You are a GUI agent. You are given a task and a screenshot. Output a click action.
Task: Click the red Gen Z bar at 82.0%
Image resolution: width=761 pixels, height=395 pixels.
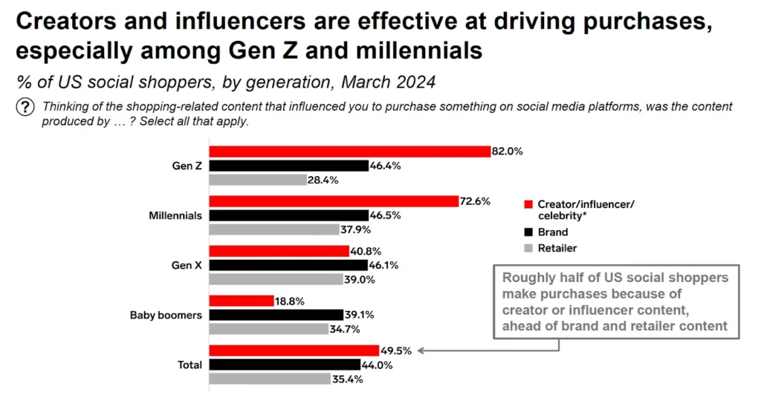point(349,151)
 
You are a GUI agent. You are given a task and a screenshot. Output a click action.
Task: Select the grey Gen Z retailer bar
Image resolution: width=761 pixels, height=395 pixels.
point(258,180)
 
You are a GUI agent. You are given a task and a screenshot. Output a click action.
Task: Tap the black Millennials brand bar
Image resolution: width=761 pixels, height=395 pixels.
point(288,215)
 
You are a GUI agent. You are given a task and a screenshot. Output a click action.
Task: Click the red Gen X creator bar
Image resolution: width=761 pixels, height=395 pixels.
point(279,251)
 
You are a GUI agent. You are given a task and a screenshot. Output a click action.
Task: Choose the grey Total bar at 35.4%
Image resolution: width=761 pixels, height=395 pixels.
point(270,379)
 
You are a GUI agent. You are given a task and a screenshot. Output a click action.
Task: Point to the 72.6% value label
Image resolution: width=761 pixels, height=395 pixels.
point(475,201)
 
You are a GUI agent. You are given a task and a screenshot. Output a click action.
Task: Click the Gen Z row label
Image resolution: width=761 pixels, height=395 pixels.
point(187,166)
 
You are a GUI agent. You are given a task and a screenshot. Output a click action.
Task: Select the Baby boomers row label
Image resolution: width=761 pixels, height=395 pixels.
point(166,315)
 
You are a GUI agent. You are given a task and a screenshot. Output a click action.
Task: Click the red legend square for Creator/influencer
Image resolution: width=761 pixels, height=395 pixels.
point(528,204)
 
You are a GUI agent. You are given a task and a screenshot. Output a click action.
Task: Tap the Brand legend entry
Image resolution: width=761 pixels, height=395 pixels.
point(552,232)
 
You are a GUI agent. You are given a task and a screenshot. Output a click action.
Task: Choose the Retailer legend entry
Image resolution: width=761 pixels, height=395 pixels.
point(557,248)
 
